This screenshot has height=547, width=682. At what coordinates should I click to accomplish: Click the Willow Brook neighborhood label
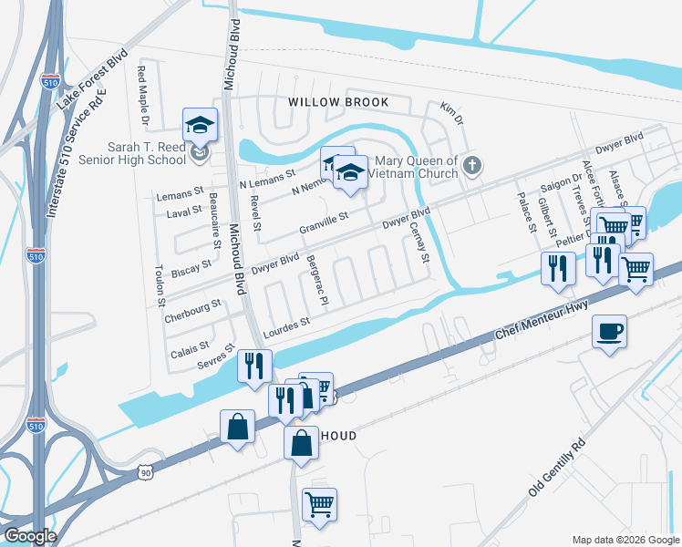coord(338,102)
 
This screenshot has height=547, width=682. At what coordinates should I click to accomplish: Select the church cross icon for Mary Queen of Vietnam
coord(470,166)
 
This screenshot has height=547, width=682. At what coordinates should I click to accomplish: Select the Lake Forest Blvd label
coord(90,79)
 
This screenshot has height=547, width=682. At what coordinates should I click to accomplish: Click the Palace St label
coord(526,212)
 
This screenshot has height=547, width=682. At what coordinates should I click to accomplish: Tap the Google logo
coord(29,536)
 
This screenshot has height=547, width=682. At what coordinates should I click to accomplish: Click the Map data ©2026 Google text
coord(625,539)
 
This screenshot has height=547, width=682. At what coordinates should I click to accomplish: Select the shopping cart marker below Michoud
coord(319,503)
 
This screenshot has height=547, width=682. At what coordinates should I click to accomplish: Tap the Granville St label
coord(324,223)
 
